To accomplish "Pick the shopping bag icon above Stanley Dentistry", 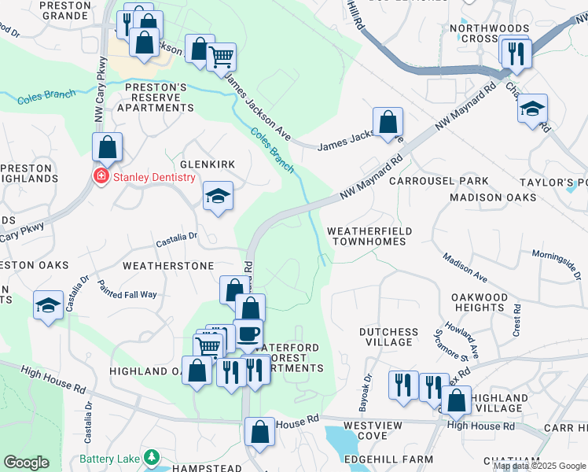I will click(x=107, y=146).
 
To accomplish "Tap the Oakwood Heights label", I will click(x=479, y=302).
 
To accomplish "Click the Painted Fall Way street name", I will click(x=127, y=293).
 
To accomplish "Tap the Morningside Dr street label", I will click(x=555, y=265).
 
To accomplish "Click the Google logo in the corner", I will click(x=26, y=463).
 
